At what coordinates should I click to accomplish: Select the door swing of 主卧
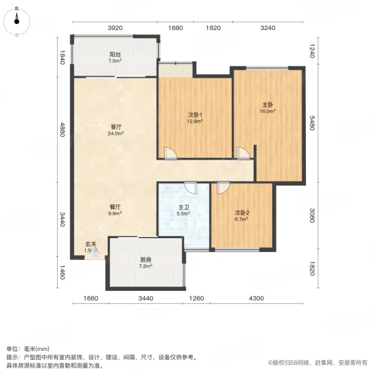pos(243,152)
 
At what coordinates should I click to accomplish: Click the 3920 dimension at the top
pos(115,28)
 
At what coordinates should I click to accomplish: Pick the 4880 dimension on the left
pos(63,133)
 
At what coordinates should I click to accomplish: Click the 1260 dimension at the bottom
pos(197,298)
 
